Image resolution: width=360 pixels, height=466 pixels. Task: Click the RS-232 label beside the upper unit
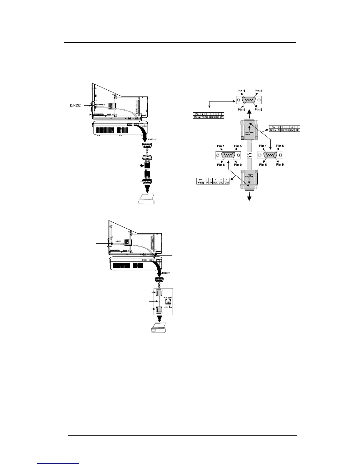click(x=75, y=105)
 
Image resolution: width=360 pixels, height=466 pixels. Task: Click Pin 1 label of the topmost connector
click(x=241, y=91)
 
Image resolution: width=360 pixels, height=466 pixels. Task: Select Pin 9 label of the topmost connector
click(x=258, y=110)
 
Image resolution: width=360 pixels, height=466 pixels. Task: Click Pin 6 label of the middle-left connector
click(x=221, y=165)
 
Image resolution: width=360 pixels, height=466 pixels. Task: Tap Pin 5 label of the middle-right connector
click(x=280, y=146)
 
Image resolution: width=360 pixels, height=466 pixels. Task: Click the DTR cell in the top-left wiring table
click(x=221, y=117)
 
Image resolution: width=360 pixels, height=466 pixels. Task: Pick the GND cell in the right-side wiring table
click(x=292, y=130)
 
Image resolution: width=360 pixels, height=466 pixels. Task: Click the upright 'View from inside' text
click(x=249, y=134)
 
